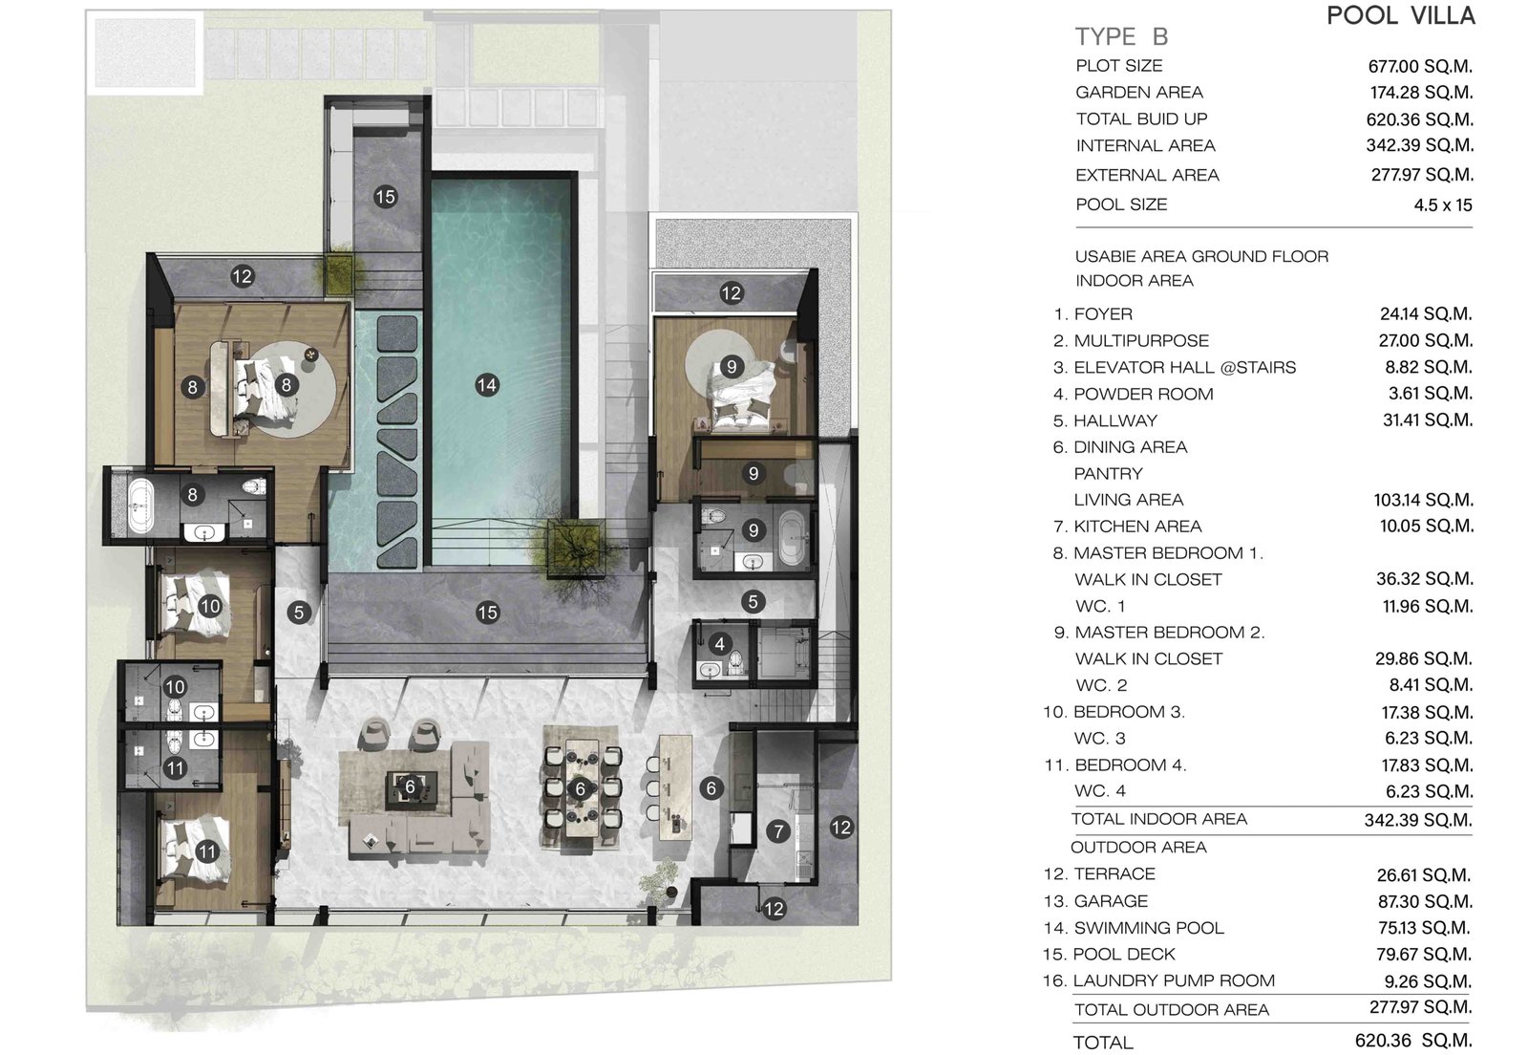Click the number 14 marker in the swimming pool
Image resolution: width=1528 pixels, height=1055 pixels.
486,385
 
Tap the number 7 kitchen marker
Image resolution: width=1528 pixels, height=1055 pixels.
777,830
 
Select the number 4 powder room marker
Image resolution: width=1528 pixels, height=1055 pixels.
720,643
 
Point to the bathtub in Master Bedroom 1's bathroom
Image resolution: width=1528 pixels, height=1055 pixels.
141,506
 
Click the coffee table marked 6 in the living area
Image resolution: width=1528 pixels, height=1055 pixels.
411,789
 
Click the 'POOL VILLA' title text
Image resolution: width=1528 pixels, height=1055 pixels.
1401,15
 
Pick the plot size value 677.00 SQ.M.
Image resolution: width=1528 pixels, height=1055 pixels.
1420,67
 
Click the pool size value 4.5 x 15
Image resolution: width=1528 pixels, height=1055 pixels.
1443,205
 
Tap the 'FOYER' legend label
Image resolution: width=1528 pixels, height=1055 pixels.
1103,314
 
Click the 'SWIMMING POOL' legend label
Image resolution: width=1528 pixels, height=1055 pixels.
1149,928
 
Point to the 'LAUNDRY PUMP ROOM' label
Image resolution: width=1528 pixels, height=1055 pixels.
1174,980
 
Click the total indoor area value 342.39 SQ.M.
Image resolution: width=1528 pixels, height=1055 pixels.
1418,820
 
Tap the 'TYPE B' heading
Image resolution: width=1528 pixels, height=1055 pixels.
1122,37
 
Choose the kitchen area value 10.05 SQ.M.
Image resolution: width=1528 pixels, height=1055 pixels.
1427,527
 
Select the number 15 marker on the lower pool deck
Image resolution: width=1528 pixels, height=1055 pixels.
487,613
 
